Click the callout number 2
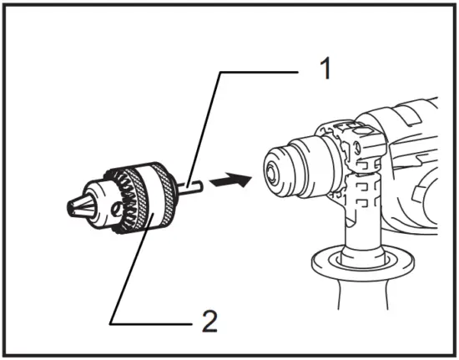coord(209,321)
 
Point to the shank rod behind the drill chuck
coord(189,186)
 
